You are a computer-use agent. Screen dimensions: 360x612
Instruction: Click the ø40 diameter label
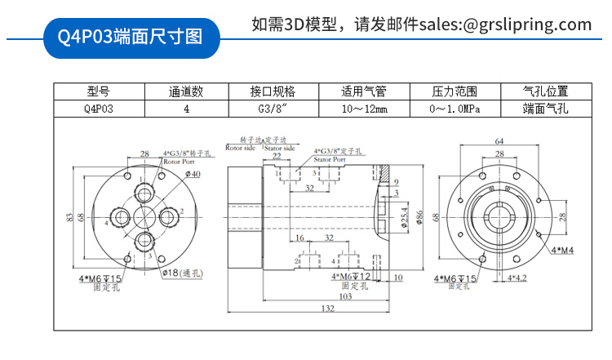tap(193, 174)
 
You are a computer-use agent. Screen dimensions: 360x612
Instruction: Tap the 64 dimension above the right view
tap(499, 141)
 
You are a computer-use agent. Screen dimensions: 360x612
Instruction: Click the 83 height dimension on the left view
tap(69, 217)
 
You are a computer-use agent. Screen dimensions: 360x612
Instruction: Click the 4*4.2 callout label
tap(519, 278)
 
